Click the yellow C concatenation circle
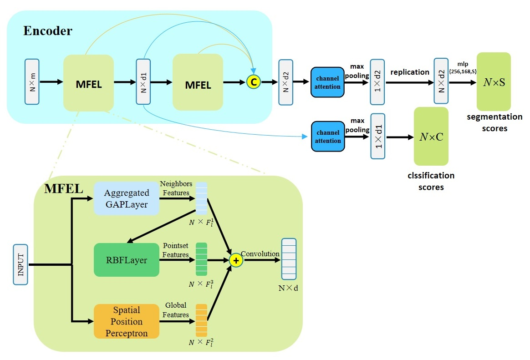(x=254, y=82)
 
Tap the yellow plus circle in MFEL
(x=236, y=260)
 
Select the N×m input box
(x=32, y=82)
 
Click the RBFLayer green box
(x=127, y=260)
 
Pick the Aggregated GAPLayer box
(x=127, y=198)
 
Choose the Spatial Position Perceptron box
(x=127, y=321)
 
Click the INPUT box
(x=20, y=264)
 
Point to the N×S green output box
(x=494, y=82)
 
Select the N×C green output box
(x=431, y=137)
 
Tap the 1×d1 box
(x=378, y=137)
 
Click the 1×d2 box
(x=377, y=82)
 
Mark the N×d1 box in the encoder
(x=143, y=82)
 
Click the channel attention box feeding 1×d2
(x=327, y=82)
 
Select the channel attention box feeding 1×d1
(x=328, y=137)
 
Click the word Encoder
(x=48, y=31)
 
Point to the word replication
(x=410, y=72)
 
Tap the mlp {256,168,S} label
(x=463, y=67)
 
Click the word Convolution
(x=260, y=254)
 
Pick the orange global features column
(x=201, y=320)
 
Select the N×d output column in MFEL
(x=289, y=259)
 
